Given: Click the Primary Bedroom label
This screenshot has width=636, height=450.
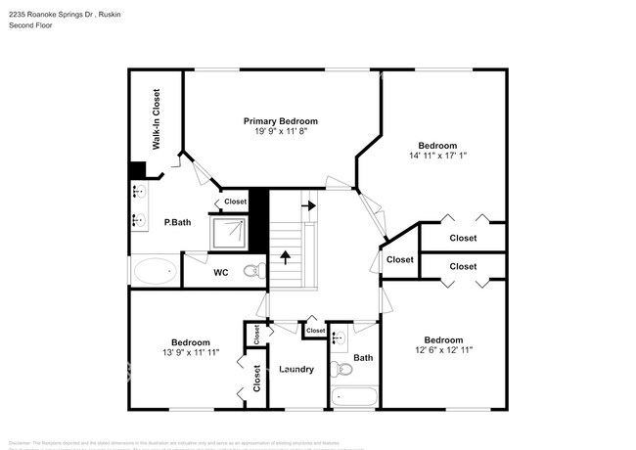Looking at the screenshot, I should (x=281, y=121).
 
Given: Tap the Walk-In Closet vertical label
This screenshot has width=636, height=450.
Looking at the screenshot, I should (x=156, y=119).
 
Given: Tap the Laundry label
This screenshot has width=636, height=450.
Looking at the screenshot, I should (x=295, y=369).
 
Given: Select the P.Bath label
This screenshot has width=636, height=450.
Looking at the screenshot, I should (x=176, y=222).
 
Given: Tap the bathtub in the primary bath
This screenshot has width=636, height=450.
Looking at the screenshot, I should (x=155, y=271).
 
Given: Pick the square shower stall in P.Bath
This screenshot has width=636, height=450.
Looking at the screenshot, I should (x=231, y=232).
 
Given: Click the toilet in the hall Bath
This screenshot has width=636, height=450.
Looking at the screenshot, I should (x=341, y=370).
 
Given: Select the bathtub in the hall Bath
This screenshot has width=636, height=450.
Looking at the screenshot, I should (x=353, y=398).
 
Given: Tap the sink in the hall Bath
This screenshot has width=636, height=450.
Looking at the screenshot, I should (x=338, y=338).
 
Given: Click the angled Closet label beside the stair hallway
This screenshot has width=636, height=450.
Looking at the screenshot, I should (x=399, y=259).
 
